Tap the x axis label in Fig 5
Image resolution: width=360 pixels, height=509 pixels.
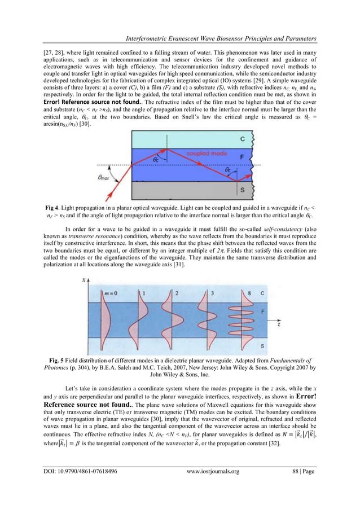[84, 279]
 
